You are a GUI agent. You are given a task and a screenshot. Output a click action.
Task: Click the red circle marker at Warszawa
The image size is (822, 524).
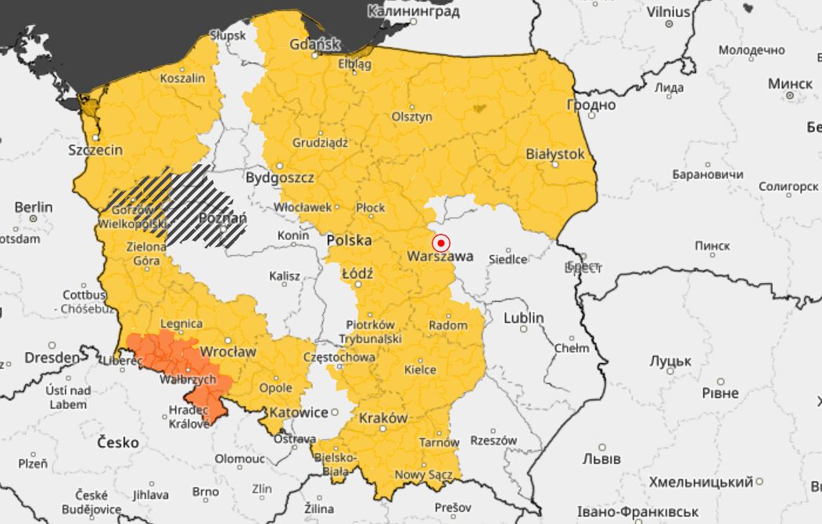click(x=441, y=243)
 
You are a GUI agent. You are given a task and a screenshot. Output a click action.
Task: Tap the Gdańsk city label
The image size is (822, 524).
click(x=314, y=44)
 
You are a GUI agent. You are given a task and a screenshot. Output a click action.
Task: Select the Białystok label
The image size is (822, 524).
click(x=555, y=154)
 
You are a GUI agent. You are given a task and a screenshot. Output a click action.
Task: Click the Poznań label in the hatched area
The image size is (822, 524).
click(x=223, y=217)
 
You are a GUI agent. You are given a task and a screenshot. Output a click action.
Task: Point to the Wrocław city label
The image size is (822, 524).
click(x=228, y=352)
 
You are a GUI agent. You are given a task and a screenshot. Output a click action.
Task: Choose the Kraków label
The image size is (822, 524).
click(x=383, y=418)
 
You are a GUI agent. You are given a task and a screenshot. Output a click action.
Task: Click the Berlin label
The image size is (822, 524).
click(x=34, y=207)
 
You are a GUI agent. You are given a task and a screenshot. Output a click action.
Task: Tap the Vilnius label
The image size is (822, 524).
click(x=669, y=12)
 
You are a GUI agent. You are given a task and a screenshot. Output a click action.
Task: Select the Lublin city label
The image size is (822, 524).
click(x=523, y=318)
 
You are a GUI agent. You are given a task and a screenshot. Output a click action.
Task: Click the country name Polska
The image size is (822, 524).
click(x=349, y=240)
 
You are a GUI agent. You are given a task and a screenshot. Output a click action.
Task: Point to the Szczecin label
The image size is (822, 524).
click(x=95, y=150)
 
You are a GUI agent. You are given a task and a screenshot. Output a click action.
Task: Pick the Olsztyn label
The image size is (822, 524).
click(x=412, y=117)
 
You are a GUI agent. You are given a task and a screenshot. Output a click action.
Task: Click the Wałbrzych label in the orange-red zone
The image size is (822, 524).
click(x=187, y=379)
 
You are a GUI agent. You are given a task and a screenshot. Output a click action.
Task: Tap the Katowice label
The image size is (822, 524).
click(x=298, y=412)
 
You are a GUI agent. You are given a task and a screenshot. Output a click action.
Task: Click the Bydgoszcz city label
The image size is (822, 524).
click(x=280, y=178)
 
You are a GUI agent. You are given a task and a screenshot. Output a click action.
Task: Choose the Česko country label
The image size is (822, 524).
click(x=118, y=443)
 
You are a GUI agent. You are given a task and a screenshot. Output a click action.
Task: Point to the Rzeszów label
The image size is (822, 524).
click(x=494, y=440)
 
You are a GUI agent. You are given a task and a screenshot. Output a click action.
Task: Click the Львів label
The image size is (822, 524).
click(x=601, y=458)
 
